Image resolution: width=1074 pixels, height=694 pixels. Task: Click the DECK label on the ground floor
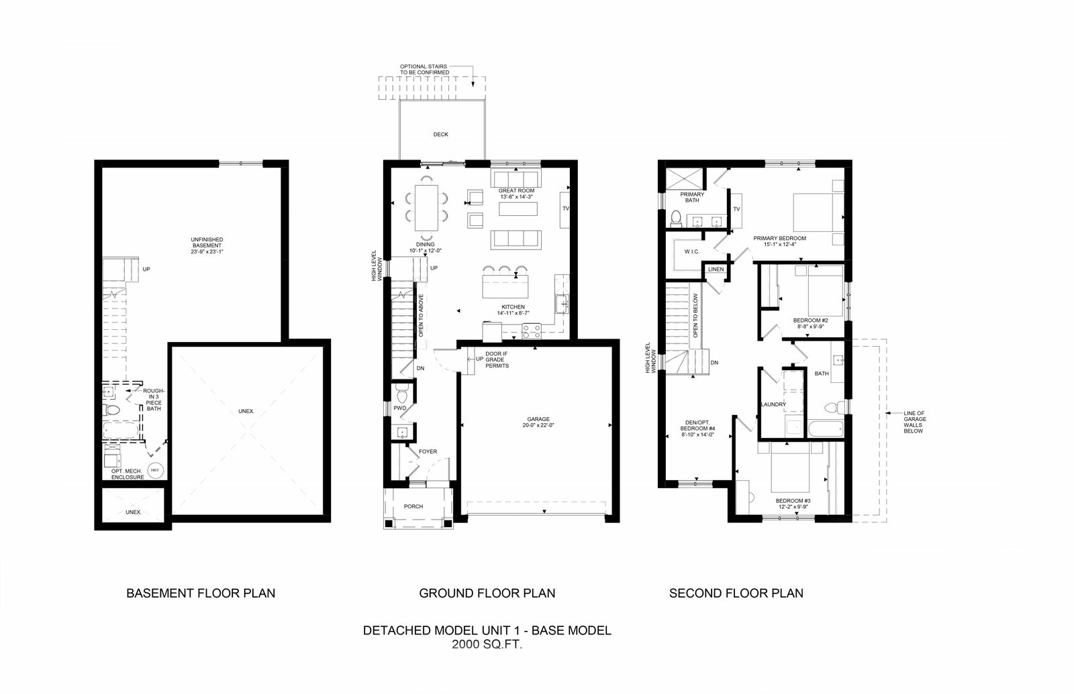[440, 135]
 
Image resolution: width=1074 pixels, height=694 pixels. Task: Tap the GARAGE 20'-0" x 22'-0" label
[538, 422]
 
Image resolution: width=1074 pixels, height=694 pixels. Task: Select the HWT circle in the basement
[155, 470]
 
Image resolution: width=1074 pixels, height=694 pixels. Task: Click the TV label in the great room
[566, 209]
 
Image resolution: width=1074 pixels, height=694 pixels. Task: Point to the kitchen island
[505, 286]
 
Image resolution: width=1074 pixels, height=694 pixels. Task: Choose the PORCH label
[413, 506]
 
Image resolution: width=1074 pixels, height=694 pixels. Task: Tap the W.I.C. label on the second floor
[692, 251]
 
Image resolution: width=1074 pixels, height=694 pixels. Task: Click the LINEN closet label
[716, 269]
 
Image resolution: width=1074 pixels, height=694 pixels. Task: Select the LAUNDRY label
[773, 404]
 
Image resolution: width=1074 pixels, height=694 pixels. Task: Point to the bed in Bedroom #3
[790, 467]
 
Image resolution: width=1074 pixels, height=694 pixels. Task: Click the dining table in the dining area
[426, 208]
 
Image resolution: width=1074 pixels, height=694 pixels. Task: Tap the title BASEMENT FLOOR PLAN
[201, 593]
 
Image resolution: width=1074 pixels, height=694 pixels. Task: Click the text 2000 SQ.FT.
[487, 644]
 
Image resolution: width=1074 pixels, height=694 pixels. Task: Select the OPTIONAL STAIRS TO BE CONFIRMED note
[424, 70]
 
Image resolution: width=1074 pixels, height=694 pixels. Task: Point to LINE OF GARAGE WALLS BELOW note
[914, 422]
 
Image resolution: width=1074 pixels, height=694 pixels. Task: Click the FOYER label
[428, 452]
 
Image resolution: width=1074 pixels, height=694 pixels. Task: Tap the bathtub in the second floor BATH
[826, 428]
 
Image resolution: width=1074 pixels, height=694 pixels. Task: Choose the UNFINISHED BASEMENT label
[207, 245]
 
